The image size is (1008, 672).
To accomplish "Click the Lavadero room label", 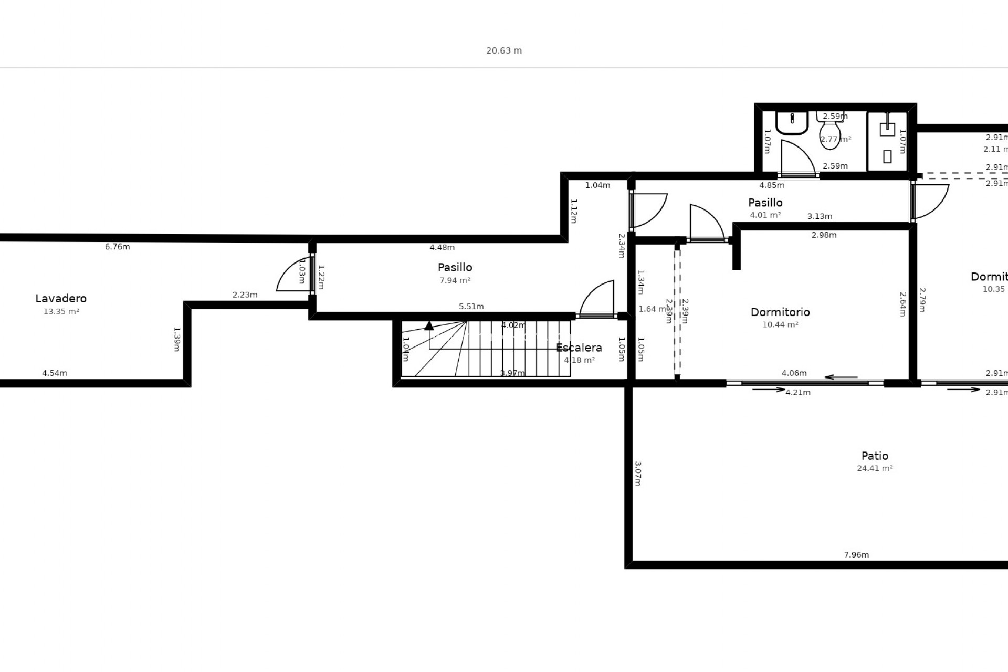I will (x=61, y=298).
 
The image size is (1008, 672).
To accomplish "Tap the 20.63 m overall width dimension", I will (x=504, y=50).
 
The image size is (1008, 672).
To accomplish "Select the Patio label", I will (x=875, y=456).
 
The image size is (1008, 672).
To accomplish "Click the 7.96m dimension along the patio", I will (x=856, y=554).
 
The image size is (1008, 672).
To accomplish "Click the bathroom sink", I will (x=792, y=123).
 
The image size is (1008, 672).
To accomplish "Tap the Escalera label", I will (x=579, y=348).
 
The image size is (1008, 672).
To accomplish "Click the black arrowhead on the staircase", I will (x=429, y=326).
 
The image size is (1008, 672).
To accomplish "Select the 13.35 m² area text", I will (x=61, y=311).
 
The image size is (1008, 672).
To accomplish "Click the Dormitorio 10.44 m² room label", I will (x=780, y=312).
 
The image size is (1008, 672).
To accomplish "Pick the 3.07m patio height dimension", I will (x=638, y=474).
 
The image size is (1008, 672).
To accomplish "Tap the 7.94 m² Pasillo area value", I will (x=455, y=280).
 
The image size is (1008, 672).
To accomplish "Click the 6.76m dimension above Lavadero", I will (x=117, y=247).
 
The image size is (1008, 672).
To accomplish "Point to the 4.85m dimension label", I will (x=772, y=185).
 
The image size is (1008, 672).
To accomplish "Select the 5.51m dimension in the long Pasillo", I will (x=471, y=307).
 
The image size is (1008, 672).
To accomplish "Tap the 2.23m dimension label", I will (x=245, y=295).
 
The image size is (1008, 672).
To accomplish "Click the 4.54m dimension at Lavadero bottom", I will (x=55, y=373).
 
